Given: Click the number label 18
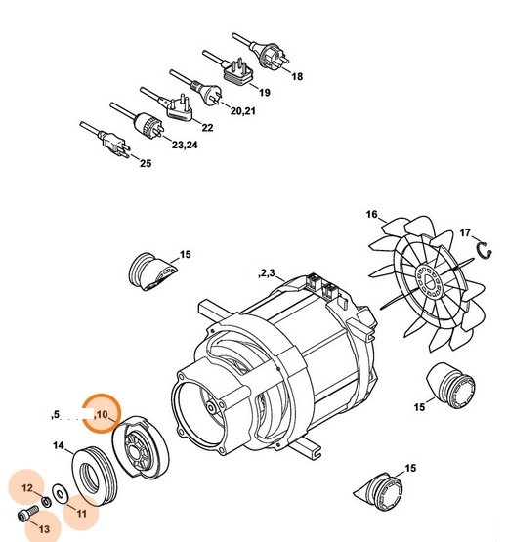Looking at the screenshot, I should coord(298,76).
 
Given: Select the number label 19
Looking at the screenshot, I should coord(264,92).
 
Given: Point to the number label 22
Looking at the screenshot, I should coord(207,128).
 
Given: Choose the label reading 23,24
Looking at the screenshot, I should coord(185,146).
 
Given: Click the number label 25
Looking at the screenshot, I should coord(146,164).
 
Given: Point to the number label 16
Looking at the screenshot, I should coord(371,214).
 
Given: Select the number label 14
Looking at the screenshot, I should coord(58,446).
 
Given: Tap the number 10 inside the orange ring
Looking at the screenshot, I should coord(104,415).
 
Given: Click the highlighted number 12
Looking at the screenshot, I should coord(27,486).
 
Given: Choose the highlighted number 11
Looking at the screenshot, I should coord(82,512).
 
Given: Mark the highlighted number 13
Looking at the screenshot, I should coord(45,528).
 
